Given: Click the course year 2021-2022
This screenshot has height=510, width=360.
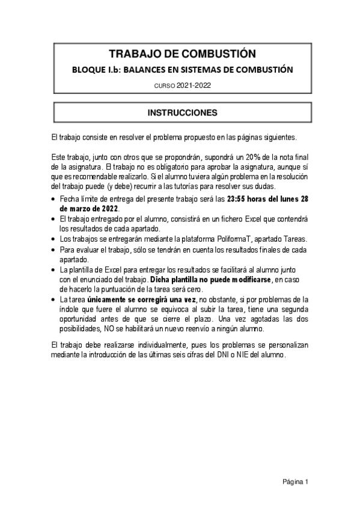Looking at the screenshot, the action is point(194,86).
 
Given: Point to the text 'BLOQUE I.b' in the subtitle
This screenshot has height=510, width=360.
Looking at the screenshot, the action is point(95,70).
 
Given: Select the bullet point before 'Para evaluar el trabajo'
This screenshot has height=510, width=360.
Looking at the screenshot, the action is point(55,249).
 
